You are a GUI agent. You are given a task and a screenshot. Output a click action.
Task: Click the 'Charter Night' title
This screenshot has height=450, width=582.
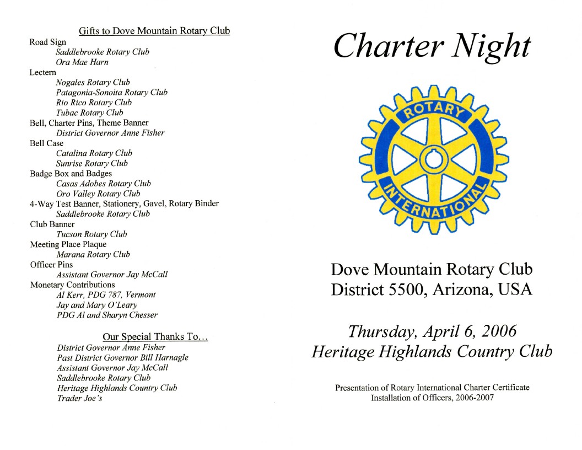coord(432,47)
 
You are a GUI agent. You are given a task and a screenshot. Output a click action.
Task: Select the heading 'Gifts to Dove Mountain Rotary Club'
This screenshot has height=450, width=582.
coord(154,31)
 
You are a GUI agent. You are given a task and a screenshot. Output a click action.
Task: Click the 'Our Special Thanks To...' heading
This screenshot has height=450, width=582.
coord(155,337)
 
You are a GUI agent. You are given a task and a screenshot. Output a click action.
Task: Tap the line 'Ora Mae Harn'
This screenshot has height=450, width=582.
coord(82,62)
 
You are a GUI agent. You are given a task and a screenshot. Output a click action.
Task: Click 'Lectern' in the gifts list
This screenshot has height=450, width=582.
coord(42,72)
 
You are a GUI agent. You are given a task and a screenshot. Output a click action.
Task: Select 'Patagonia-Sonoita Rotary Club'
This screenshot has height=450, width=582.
coord(111,93)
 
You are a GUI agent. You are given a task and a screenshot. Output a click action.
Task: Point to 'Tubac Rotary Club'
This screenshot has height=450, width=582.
coord(90,113)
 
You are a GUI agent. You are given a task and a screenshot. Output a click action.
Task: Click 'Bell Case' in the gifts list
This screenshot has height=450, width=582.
coord(46,143)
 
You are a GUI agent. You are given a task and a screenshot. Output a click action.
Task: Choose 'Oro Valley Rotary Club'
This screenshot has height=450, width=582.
coord(98,194)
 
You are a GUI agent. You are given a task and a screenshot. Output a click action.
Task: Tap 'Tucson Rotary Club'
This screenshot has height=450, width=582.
coord(91,234)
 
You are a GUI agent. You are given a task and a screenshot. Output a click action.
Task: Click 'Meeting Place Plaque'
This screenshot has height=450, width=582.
coord(68,244)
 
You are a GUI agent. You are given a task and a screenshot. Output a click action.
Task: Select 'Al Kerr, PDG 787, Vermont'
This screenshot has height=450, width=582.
coord(106,294)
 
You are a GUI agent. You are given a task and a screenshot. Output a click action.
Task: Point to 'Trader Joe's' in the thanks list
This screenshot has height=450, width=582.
coord(79,398)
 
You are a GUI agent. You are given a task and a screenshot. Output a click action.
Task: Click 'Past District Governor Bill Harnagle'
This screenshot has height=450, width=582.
coord(122,357)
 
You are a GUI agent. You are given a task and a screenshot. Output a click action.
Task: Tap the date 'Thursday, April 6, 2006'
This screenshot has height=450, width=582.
coord(432,331)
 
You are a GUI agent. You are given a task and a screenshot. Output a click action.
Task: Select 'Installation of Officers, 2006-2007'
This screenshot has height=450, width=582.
coord(432,398)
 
